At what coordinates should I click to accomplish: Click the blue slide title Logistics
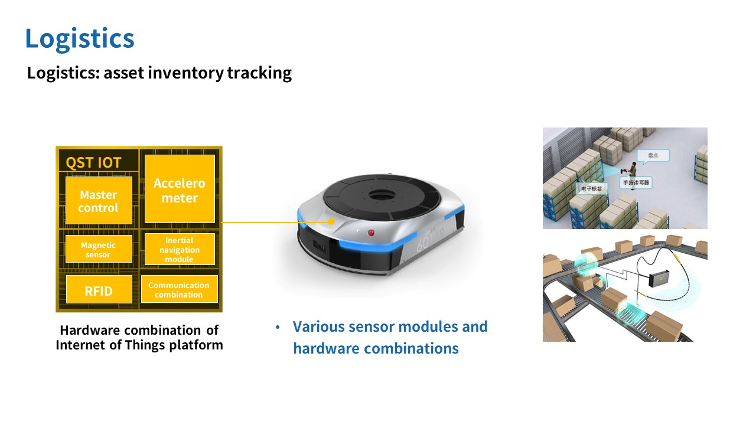pos(80,38)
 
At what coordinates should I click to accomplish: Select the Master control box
pos(98,201)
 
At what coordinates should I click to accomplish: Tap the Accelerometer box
pos(180,190)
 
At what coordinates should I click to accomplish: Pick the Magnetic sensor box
pos(98,250)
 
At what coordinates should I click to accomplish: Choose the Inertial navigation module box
pos(179,250)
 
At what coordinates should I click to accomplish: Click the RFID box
pos(98,290)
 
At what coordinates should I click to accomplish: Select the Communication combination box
pos(179,290)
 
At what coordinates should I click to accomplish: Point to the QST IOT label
pos(93,162)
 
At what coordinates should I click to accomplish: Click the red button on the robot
pos(372,232)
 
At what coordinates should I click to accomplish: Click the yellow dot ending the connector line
pos(333,223)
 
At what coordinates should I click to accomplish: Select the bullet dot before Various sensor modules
pos(278,327)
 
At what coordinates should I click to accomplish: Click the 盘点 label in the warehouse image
pos(649,155)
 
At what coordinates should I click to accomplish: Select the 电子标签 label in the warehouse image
pos(591,189)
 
